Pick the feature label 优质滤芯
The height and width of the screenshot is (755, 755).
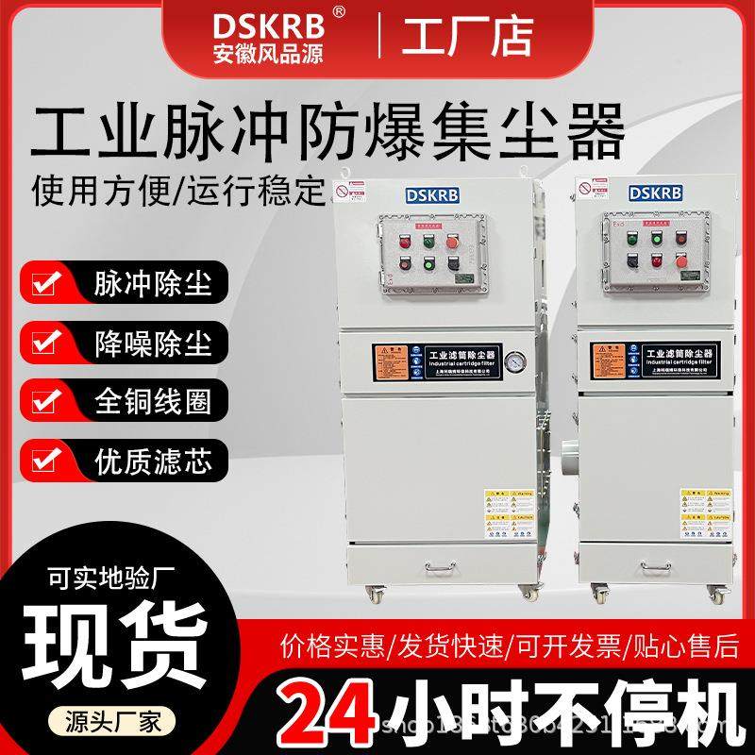pos(153,461)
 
